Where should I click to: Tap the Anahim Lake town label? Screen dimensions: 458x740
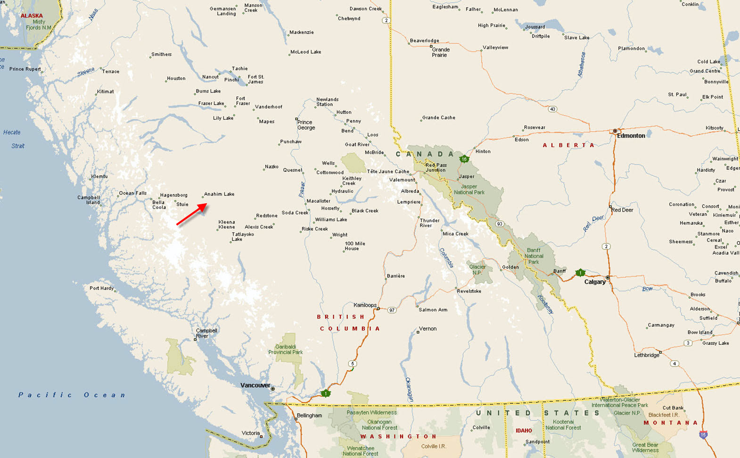(x=219, y=194)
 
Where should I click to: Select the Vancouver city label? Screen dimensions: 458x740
(x=255, y=385)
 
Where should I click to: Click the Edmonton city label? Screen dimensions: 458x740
(x=631, y=136)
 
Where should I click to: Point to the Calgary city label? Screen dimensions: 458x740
(x=595, y=282)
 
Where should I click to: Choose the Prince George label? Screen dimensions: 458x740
(x=306, y=125)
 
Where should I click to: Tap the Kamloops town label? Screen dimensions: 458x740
(x=365, y=305)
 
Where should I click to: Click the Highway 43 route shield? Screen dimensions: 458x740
(x=552, y=109)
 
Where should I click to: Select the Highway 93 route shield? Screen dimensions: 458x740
(x=499, y=224)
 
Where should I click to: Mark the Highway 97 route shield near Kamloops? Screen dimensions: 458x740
(x=392, y=310)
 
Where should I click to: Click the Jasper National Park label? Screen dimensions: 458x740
(x=469, y=189)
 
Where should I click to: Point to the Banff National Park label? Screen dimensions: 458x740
(x=534, y=256)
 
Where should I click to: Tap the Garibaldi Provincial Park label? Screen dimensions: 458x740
(x=286, y=350)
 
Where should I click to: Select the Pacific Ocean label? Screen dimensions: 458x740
(x=72, y=395)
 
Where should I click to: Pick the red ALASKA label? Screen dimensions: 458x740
(x=32, y=16)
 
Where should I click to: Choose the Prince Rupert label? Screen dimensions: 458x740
(x=25, y=69)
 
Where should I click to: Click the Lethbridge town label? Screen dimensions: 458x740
(x=647, y=355)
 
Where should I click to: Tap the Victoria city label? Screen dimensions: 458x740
(x=250, y=433)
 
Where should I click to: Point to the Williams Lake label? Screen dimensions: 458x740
(x=331, y=219)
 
